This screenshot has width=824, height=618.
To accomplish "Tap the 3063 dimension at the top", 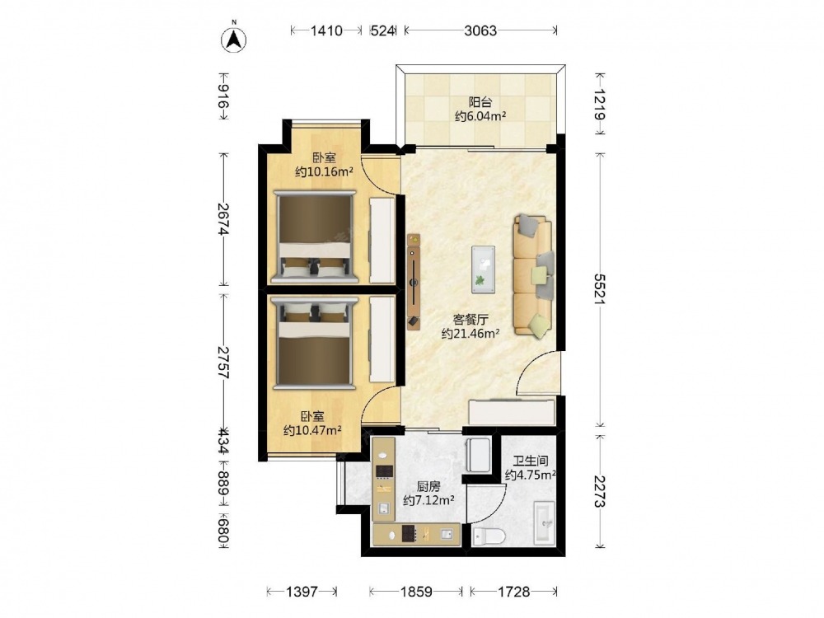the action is (x=480, y=31).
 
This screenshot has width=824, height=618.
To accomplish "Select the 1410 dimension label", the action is (x=325, y=31).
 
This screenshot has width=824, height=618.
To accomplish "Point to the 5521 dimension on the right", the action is (x=599, y=288).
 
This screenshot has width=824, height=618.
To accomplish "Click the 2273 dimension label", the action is (x=599, y=491).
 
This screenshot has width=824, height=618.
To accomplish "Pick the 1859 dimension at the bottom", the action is (x=415, y=592).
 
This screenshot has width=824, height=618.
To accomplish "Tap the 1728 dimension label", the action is (x=513, y=592).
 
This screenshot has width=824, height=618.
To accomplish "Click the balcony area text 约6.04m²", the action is (x=480, y=116).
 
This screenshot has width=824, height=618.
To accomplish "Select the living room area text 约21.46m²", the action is (x=471, y=333).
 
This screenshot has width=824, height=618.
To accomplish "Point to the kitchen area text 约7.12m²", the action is (x=428, y=500).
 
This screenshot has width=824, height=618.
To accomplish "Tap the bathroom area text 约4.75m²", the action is (x=530, y=475).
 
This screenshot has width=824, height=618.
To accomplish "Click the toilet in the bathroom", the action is (x=489, y=536).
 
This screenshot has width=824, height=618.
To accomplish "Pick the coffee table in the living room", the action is (x=483, y=269).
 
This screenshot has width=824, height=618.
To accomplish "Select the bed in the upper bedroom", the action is (x=314, y=237).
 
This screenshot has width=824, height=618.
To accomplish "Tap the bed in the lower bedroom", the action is (x=314, y=343).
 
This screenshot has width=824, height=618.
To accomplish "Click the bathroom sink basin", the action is (x=544, y=523).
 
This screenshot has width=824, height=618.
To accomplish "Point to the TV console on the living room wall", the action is (x=414, y=282).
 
